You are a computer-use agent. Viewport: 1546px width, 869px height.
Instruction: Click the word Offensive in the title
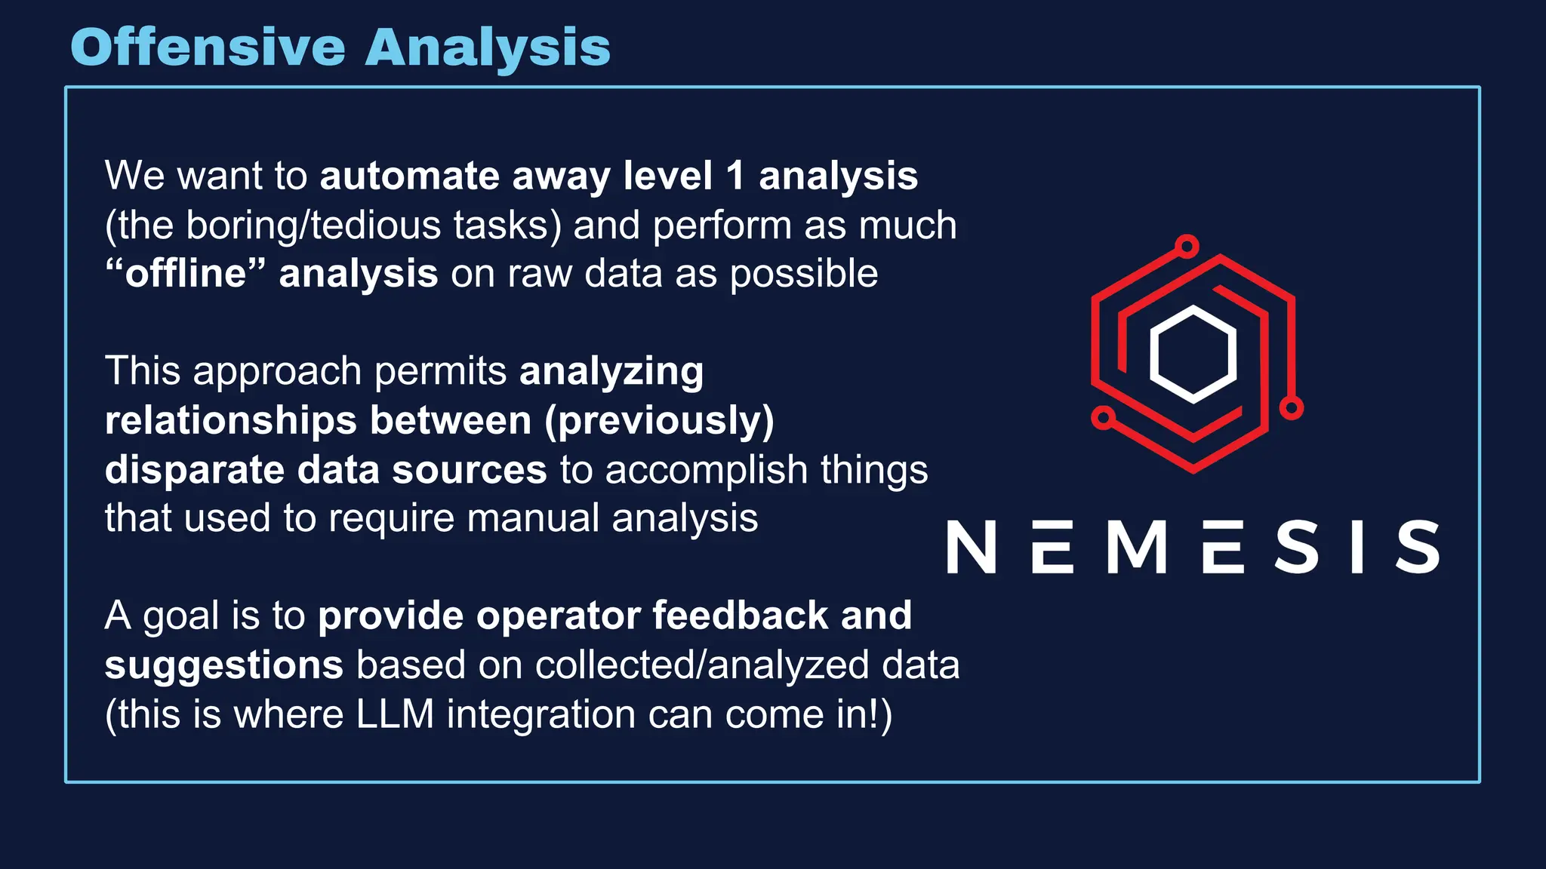tap(208, 47)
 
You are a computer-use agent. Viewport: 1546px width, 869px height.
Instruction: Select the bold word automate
tap(409, 176)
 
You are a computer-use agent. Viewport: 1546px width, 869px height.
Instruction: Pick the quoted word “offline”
tap(186, 273)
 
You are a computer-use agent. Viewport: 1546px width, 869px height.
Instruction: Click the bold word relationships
tap(231, 420)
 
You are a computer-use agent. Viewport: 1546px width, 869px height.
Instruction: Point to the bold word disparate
tap(194, 469)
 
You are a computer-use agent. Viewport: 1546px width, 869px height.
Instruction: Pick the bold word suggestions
tap(224, 665)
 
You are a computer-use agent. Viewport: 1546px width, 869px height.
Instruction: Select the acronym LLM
tap(395, 714)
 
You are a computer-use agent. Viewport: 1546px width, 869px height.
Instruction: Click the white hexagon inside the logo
tap(1193, 354)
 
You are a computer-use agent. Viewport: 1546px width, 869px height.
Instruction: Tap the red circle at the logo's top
tap(1187, 246)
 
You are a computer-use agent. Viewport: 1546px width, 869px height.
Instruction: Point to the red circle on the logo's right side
tap(1291, 409)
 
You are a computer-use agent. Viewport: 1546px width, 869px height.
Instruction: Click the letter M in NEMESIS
tap(1137, 547)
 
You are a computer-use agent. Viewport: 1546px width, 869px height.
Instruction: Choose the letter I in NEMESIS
tap(1357, 547)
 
